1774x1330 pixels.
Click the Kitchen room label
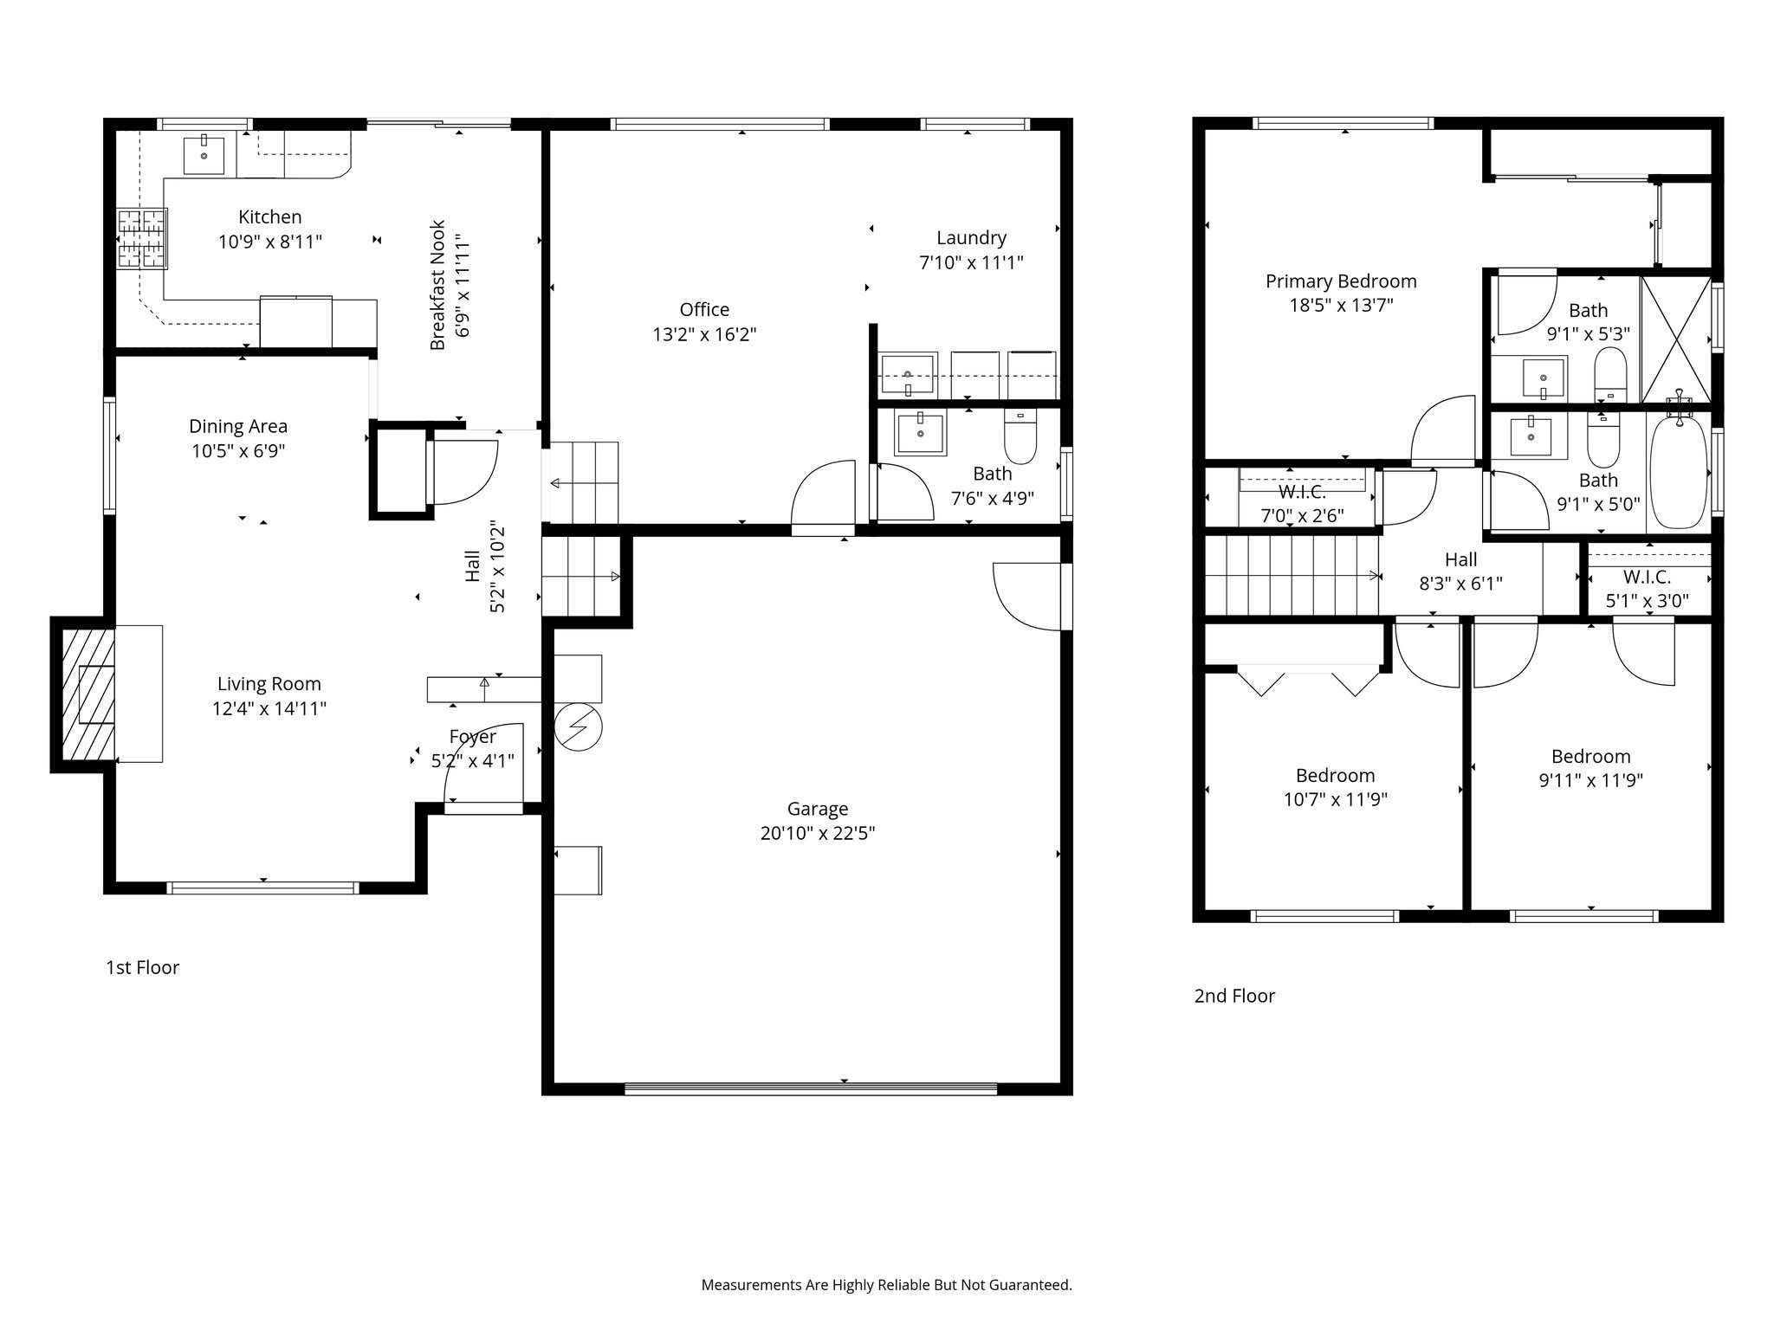(x=270, y=217)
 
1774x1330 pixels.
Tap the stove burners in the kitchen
(x=143, y=240)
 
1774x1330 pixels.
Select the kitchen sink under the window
(x=204, y=156)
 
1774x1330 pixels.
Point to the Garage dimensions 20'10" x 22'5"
(x=818, y=834)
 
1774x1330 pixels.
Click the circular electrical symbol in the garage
(x=579, y=726)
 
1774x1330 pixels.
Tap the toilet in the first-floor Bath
(x=1020, y=436)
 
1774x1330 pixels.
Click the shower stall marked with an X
(x=1675, y=339)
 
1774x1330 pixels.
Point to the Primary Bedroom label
(x=1341, y=281)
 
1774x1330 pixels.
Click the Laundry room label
(x=971, y=238)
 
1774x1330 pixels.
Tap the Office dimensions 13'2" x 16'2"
(x=704, y=334)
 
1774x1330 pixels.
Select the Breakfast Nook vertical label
(x=438, y=285)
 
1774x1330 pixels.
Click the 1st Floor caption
(x=142, y=967)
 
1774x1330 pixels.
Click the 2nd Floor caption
(x=1234, y=996)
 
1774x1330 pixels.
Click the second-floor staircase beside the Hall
(x=1291, y=575)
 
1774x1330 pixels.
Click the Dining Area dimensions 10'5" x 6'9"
(x=238, y=451)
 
